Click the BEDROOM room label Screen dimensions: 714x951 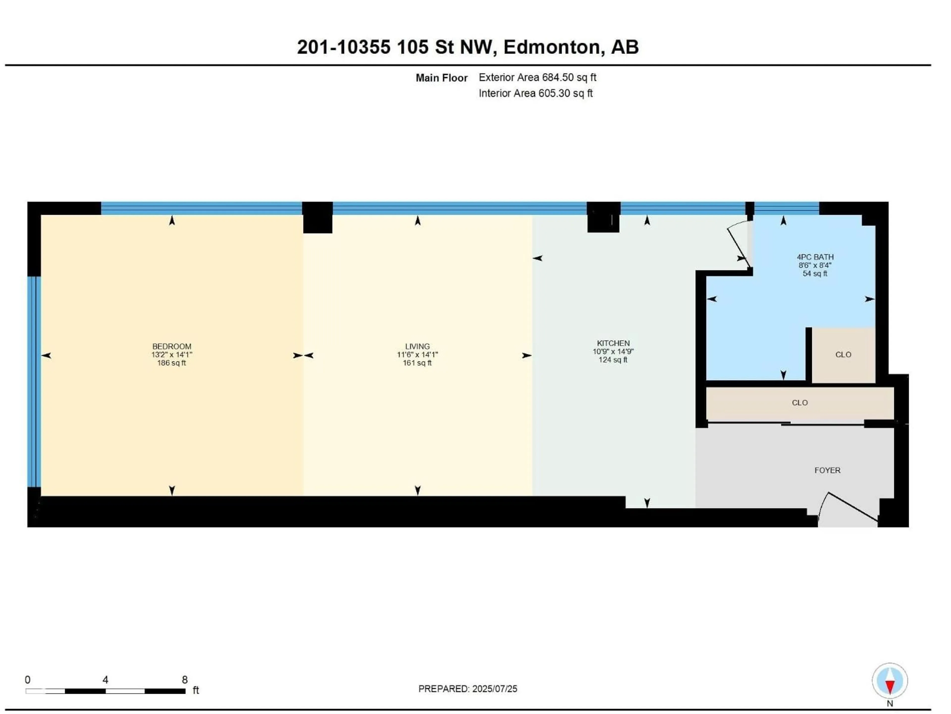click(172, 346)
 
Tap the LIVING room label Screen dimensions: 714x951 click(417, 346)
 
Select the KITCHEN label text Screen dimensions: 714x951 click(613, 343)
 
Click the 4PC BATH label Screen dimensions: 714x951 click(815, 257)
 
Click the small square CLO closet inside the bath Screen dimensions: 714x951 click(843, 355)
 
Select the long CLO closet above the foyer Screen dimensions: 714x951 click(800, 403)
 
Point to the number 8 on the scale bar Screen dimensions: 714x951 click(185, 680)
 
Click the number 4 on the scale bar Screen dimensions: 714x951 click(105, 680)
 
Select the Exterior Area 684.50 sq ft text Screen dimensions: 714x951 click(537, 77)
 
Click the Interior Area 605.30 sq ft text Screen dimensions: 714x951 click(536, 93)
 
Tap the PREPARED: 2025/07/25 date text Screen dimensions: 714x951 click(468, 689)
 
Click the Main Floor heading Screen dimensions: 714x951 click(442, 78)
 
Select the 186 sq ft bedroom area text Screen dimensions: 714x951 click(172, 363)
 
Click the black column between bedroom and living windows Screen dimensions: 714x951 click(317, 217)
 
